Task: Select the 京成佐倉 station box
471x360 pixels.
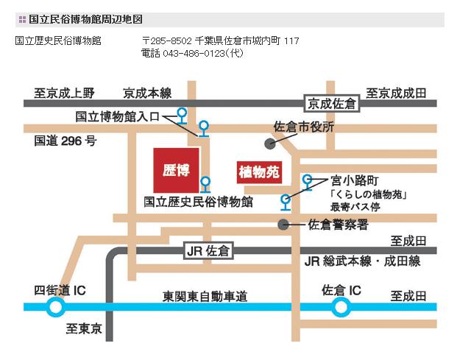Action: click(x=332, y=104)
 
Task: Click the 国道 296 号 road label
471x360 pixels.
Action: click(x=65, y=141)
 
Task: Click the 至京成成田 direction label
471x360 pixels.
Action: click(x=397, y=93)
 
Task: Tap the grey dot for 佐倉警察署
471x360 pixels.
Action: click(x=283, y=224)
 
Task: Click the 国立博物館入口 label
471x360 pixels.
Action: click(x=122, y=116)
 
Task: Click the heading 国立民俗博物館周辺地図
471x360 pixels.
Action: click(x=80, y=19)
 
